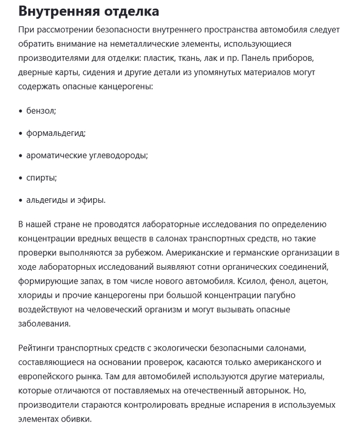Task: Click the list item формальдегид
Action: click(x=56, y=133)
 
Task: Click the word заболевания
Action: click(x=44, y=324)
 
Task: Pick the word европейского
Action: click(x=49, y=377)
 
